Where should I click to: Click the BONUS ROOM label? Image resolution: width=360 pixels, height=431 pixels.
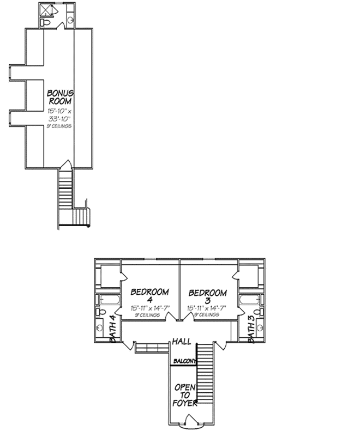59,96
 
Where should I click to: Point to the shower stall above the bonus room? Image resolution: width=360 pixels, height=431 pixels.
47,10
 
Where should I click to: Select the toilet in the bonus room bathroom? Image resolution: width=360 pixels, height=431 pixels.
47,23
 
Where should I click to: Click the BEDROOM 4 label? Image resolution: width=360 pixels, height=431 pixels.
149,296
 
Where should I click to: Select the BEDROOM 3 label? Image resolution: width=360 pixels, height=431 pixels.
207,296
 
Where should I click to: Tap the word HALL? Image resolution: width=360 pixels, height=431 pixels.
181,342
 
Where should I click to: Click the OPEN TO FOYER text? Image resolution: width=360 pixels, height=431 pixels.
184,395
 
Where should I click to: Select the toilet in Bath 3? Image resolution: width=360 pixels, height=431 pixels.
261,312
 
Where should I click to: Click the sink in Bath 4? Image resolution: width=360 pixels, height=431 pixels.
99,328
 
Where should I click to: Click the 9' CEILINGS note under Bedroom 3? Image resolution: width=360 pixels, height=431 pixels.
207,315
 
